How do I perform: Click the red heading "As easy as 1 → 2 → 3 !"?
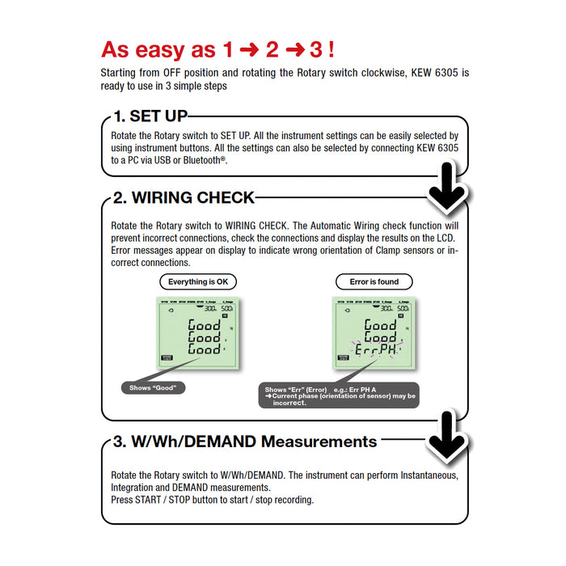coord(218,49)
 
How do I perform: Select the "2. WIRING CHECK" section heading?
coord(184,197)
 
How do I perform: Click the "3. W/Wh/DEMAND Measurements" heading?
coord(245,441)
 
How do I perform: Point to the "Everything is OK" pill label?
coord(197,282)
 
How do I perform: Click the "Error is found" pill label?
coord(374,282)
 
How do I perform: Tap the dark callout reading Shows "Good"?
coord(153,388)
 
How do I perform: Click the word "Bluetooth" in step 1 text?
coord(203,161)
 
